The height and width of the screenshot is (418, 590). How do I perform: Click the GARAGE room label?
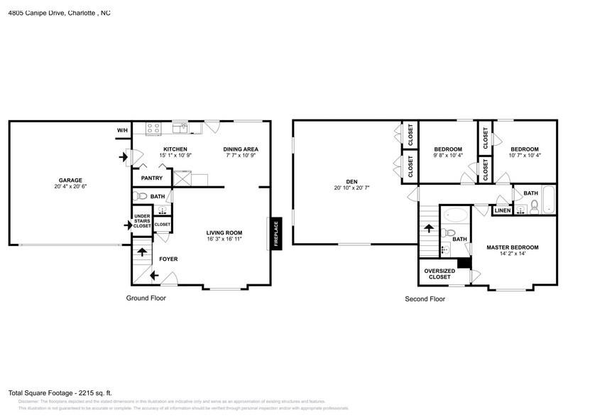(70, 180)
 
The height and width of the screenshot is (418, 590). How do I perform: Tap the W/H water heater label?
(122, 131)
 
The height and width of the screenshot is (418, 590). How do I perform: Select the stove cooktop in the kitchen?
(153, 129)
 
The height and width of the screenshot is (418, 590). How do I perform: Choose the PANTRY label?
(152, 178)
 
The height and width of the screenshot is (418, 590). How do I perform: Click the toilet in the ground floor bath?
(140, 196)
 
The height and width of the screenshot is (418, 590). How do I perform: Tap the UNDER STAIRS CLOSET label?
(142, 221)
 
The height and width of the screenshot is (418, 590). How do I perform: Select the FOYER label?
(168, 259)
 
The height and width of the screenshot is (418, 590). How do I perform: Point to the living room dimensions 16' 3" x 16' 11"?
(224, 239)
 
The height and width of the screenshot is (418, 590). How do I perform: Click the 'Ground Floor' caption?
(146, 298)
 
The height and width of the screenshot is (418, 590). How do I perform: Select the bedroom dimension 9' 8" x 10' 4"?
(448, 155)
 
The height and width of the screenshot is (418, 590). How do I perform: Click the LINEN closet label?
(501, 210)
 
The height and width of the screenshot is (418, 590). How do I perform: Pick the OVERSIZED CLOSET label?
(439, 274)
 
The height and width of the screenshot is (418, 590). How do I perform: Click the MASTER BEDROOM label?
(512, 247)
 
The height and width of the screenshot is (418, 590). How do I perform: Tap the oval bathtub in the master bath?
(456, 215)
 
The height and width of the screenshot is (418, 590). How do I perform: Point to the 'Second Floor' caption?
(425, 299)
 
